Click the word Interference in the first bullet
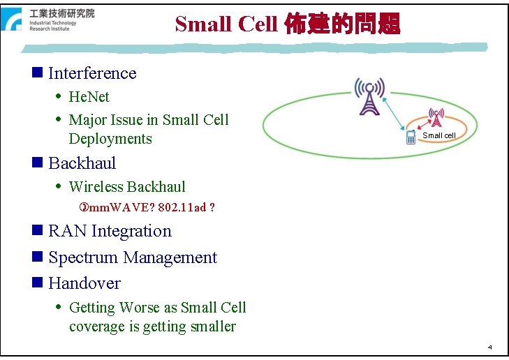click(x=92, y=73)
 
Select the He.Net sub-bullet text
click(x=89, y=97)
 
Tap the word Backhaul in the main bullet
click(x=82, y=163)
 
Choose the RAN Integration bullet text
click(x=110, y=231)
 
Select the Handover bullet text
click(x=84, y=283)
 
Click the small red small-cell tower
click(x=436, y=118)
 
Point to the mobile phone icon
click(x=411, y=137)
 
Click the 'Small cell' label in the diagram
click(x=438, y=135)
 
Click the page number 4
click(x=489, y=347)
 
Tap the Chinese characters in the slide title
click(x=342, y=24)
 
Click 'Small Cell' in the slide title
click(x=227, y=24)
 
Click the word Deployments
click(x=110, y=139)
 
